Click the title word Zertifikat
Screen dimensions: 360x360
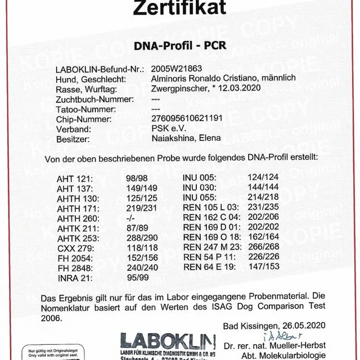coord(179,8)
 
